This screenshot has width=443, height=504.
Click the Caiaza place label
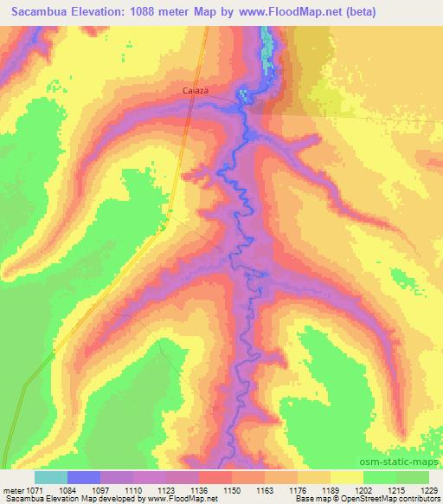220,89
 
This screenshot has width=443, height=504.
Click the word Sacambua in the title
34,11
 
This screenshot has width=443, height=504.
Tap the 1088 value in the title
151,11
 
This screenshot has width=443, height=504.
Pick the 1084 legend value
82,490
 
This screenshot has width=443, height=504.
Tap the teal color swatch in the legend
51,477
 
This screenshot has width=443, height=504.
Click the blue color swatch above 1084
84,477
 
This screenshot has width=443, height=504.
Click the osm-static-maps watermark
407,460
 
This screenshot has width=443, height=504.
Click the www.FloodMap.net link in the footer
182,499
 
